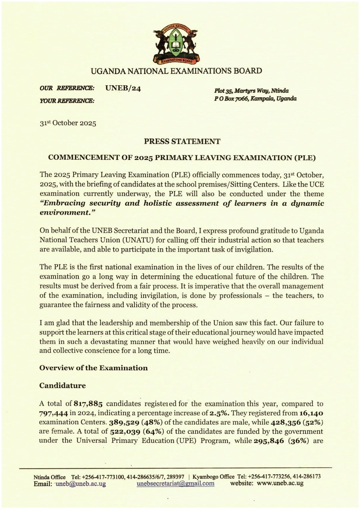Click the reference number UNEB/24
(x=123, y=88)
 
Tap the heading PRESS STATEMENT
(x=182, y=141)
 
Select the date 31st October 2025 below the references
(x=68, y=123)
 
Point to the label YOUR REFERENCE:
(x=67, y=100)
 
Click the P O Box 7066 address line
(x=255, y=99)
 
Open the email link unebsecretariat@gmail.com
(x=175, y=484)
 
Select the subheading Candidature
(x=62, y=386)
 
